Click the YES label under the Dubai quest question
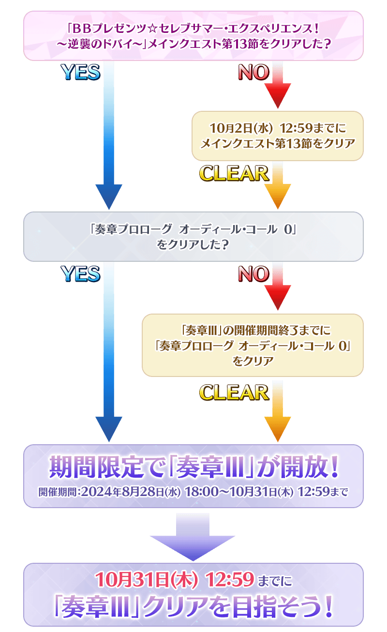(80, 73)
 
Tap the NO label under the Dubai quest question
(253, 73)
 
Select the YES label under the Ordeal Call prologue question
(80, 274)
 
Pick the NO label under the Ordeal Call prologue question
(253, 274)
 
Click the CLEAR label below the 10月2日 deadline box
(234, 173)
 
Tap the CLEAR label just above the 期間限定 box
(234, 392)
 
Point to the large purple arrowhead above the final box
(193, 545)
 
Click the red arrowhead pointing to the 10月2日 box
(277, 96)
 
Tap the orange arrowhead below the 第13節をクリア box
(277, 196)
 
